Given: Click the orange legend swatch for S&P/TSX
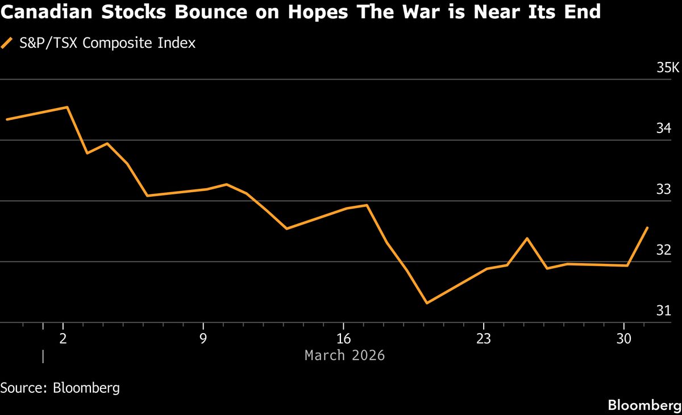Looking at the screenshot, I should [x=7, y=43].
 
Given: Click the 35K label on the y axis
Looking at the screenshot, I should [x=668, y=68].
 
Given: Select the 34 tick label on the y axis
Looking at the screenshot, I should [x=664, y=129].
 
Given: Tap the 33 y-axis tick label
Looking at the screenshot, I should [x=664, y=190].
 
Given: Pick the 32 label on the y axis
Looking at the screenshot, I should [x=664, y=251].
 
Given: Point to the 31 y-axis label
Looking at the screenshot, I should [x=664, y=311].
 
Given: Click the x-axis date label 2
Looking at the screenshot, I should [x=63, y=338].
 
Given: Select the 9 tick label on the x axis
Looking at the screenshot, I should [x=203, y=338].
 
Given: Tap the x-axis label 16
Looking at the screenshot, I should [x=343, y=338].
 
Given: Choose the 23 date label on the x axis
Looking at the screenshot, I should [x=484, y=338].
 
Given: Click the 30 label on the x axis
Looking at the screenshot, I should [x=624, y=338].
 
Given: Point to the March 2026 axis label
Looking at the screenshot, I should [x=344, y=355].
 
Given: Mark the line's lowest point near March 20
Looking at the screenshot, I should [x=427, y=303].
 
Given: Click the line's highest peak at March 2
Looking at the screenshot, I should [x=68, y=107].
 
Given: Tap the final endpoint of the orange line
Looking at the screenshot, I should [x=647, y=228].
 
